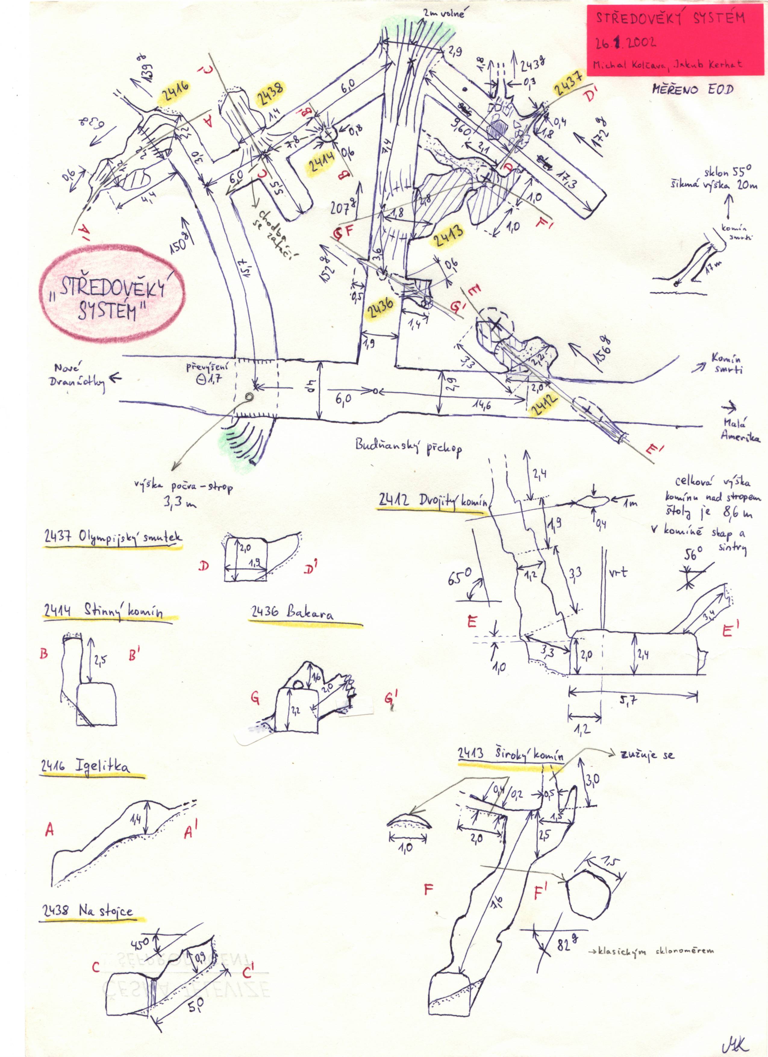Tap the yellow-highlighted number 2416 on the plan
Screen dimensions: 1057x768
[175, 92]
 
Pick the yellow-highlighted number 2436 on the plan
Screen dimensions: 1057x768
[380, 308]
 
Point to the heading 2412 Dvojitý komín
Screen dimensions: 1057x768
[433, 501]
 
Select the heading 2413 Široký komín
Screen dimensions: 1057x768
[510, 753]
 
